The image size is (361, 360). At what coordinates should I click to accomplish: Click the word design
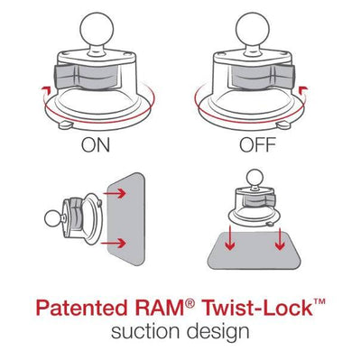218,333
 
